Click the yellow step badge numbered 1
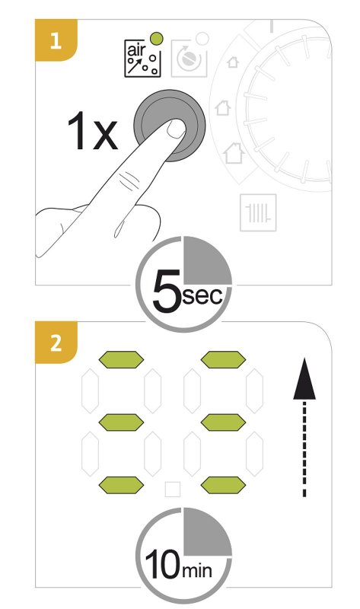click(56, 40)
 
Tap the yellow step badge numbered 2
click(56, 343)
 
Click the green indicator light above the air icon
click(157, 39)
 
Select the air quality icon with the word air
click(142, 59)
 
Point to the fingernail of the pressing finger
click(177, 129)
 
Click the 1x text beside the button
click(92, 131)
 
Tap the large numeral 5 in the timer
click(167, 292)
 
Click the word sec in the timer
click(202, 296)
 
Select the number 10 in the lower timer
click(163, 564)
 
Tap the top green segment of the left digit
click(121, 359)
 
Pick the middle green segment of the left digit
click(121, 422)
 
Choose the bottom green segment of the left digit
click(121, 485)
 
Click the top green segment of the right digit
click(223, 359)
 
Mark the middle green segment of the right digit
click(223, 422)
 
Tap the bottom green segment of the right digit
click(223, 485)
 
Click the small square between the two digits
click(173, 489)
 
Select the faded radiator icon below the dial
click(258, 212)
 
